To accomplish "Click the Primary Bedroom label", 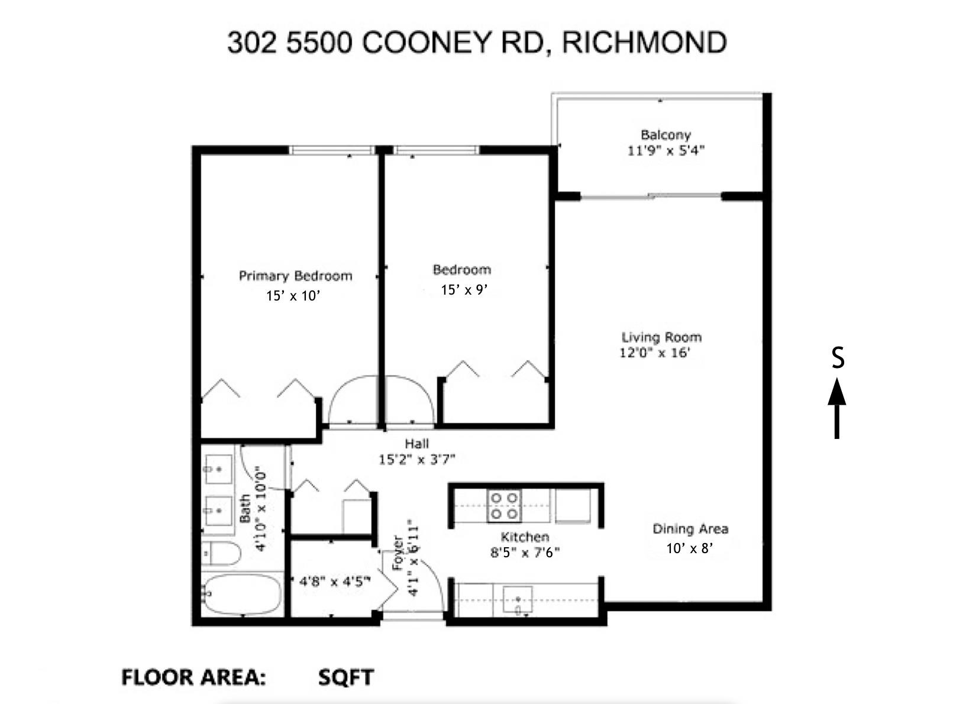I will pyautogui.click(x=295, y=276).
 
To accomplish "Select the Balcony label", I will pyautogui.click(x=666, y=135).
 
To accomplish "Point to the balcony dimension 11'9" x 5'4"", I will pyautogui.click(x=666, y=151).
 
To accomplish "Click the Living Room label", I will pyautogui.click(x=661, y=337).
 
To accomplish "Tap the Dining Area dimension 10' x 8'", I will pyautogui.click(x=689, y=548).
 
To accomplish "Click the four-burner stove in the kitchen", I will pyautogui.click(x=504, y=506).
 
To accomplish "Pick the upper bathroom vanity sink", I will pyautogui.click(x=217, y=468).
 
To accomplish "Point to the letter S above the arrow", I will pyautogui.click(x=837, y=358).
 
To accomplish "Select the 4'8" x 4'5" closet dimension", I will pyautogui.click(x=334, y=582).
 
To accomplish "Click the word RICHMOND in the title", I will pyautogui.click(x=644, y=43).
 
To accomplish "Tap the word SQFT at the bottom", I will pyautogui.click(x=345, y=677).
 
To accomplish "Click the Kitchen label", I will pyautogui.click(x=525, y=537).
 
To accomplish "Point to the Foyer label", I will pyautogui.click(x=398, y=553).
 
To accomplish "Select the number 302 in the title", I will pyautogui.click(x=251, y=43).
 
